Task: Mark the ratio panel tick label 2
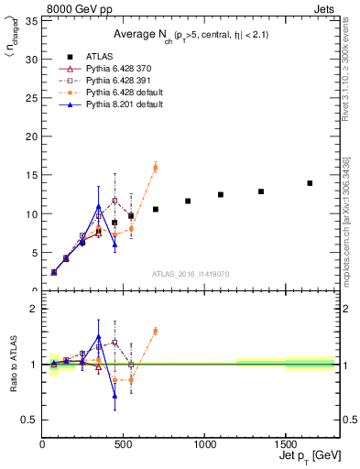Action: tap(34, 309)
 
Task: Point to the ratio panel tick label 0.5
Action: tap(30, 420)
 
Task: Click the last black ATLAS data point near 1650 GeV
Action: tap(310, 183)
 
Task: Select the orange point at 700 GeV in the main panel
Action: tap(156, 167)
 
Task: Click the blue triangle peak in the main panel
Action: tap(99, 207)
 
